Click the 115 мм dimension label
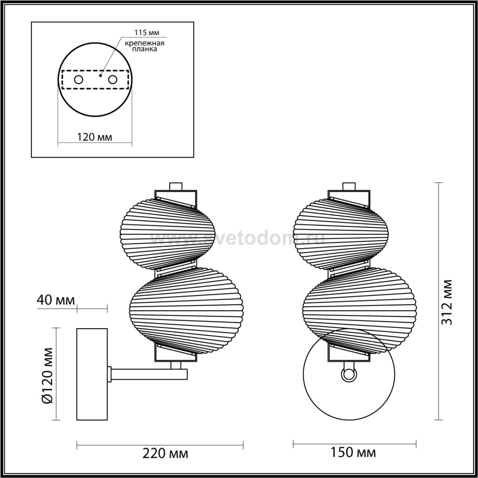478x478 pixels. tap(147, 32)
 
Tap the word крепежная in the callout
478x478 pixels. tap(145, 43)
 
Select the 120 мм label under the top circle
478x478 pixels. tap(95, 137)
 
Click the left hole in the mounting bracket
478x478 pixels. tap(79, 80)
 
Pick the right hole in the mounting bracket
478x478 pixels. tap(113, 80)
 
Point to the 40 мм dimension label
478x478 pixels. tap(56, 300)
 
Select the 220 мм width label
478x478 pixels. tap(165, 454)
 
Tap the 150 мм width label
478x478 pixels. tap(353, 453)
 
